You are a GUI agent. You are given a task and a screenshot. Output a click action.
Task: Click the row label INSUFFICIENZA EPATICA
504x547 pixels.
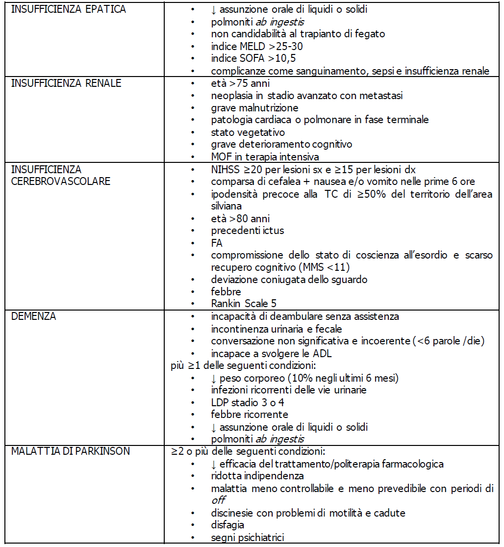[x=69, y=10]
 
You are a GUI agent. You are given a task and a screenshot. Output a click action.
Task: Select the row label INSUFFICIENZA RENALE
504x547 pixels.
[x=66, y=83]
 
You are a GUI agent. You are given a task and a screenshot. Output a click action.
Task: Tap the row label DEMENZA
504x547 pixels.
[x=34, y=317]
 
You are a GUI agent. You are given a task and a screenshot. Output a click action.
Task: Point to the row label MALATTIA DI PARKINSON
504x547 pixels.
[x=71, y=451]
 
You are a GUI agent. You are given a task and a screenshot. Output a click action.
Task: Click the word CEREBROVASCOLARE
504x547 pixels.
[x=61, y=182]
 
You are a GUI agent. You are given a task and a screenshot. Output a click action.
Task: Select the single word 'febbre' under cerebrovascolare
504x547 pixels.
[x=226, y=292]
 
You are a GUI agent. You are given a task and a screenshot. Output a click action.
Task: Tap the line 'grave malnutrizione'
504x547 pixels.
[x=254, y=108]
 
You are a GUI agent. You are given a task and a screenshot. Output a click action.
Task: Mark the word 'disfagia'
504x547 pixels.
[x=228, y=525]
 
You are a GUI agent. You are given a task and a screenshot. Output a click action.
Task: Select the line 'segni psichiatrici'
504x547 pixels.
[x=248, y=538]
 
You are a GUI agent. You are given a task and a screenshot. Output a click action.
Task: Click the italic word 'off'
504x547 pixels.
[x=218, y=501]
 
